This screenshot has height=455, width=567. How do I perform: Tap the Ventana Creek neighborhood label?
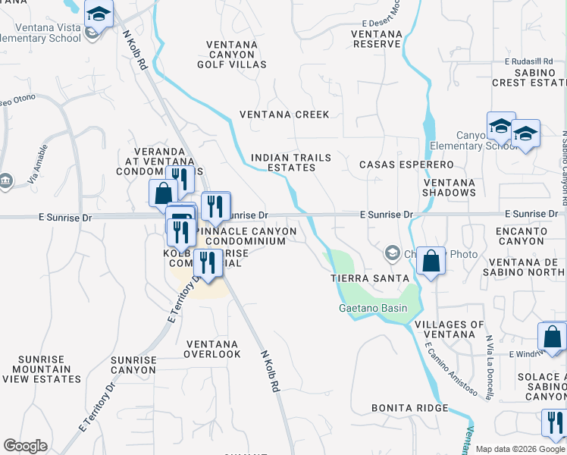pos(284,115)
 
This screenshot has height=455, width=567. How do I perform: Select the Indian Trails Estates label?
pos(291,163)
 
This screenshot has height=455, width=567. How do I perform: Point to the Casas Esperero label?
pos(406,165)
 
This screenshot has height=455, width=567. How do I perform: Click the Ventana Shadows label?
pos(450,188)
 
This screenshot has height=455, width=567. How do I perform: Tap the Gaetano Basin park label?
pos(372,308)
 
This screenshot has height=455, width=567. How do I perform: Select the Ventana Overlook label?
pos(212,349)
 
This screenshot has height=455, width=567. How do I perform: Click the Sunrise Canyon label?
pos(133,365)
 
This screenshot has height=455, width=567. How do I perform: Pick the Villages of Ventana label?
pos(450,329)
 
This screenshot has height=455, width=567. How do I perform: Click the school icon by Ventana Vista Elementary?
pos(99,14)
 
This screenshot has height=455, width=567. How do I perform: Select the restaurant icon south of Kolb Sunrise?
pos(206,262)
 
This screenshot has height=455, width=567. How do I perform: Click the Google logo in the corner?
pos(26,446)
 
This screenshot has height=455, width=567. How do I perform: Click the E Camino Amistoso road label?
pos(451,369)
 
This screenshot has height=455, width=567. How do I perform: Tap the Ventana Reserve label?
pos(377,39)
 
